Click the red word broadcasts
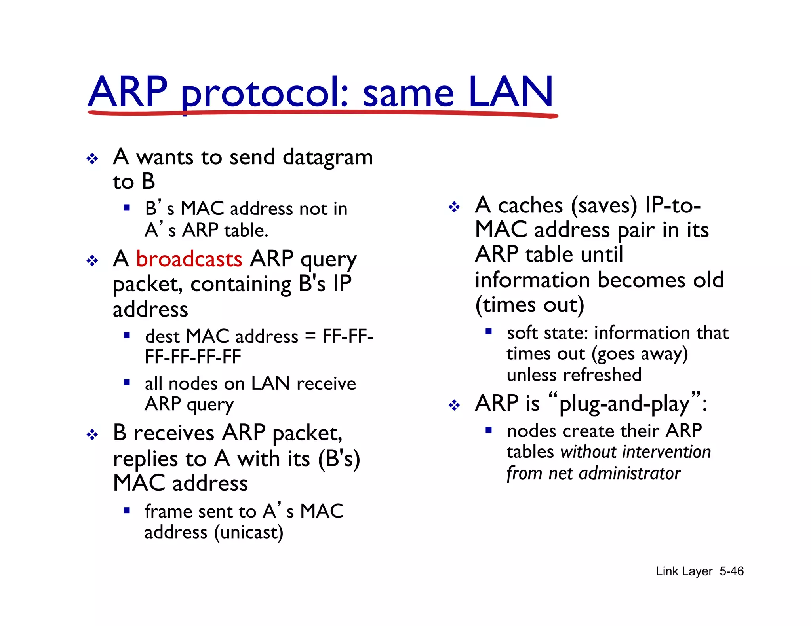pos(189,259)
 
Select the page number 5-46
pos(731,571)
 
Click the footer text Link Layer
pos(684,571)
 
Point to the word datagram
pos(328,157)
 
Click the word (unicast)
pos(249,533)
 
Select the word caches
pos(530,206)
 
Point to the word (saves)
pos(604,206)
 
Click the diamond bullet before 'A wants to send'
pos(92,159)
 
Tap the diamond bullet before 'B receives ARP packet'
pos(92,435)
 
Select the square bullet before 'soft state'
pos(489,332)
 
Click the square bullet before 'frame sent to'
pos(127,510)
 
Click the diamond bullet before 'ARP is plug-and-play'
pos(454,405)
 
